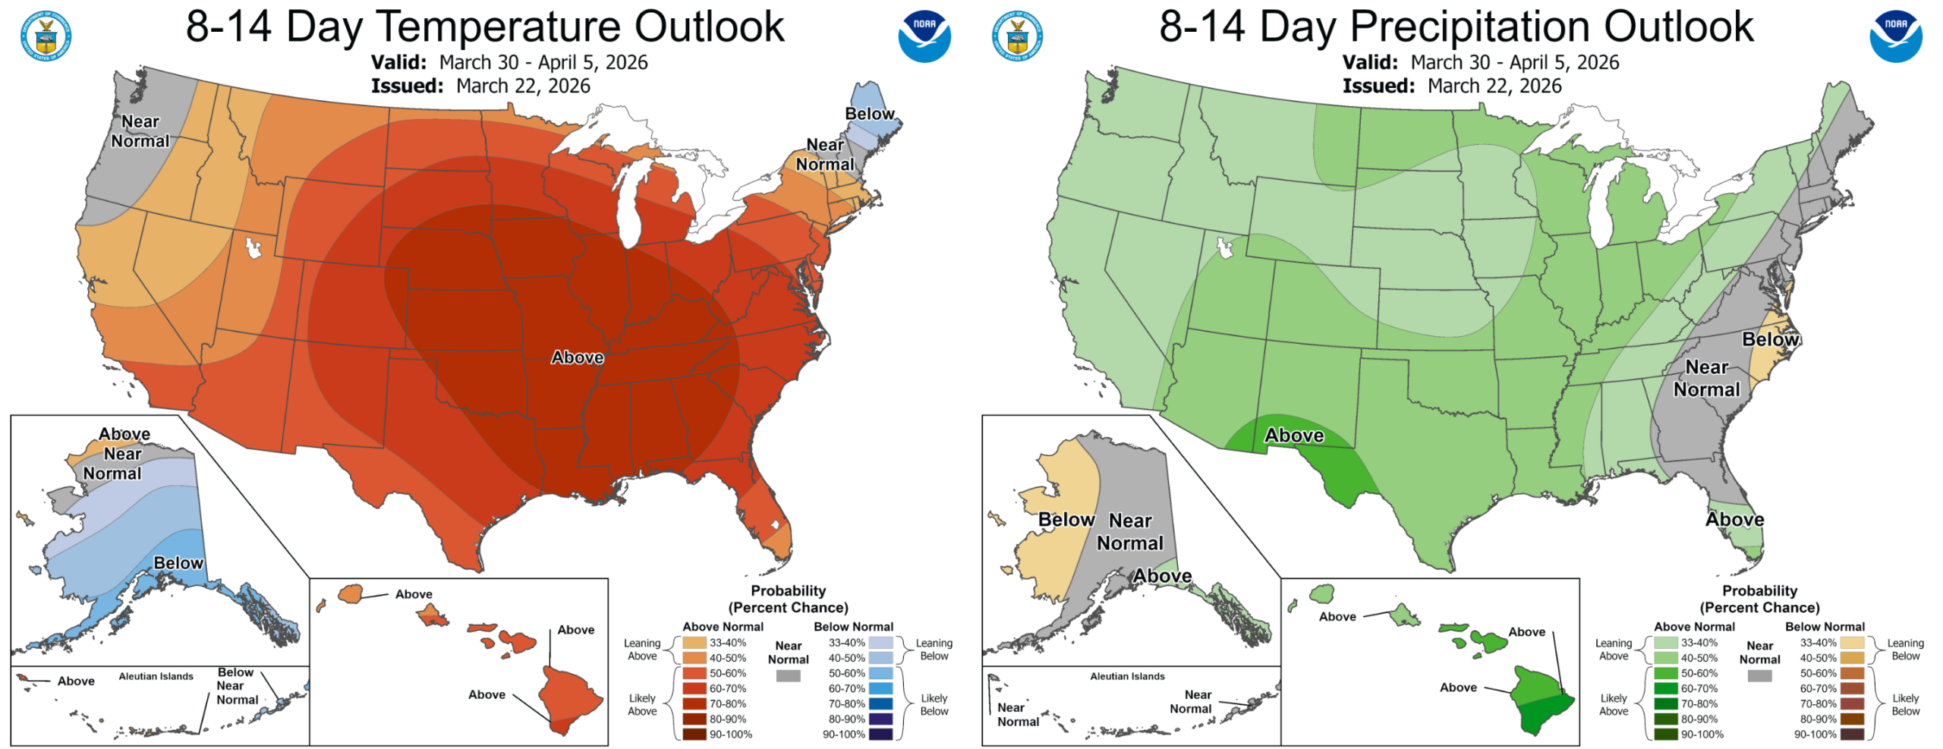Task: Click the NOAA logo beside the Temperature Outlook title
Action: pyautogui.click(x=924, y=36)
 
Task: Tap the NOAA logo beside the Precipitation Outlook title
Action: pyautogui.click(x=1895, y=36)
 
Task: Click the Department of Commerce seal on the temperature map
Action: pyautogui.click(x=46, y=36)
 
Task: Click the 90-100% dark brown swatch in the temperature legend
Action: pyautogui.click(x=694, y=734)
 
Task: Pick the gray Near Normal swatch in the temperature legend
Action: pyautogui.click(x=788, y=675)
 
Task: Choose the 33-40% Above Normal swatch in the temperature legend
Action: pyautogui.click(x=694, y=643)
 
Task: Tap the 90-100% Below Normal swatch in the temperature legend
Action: pyautogui.click(x=880, y=734)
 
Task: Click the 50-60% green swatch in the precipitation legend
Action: pyautogui.click(x=1666, y=673)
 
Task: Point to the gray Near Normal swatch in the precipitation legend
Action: pyautogui.click(x=1759, y=675)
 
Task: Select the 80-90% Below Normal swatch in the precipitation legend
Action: pyautogui.click(x=1852, y=719)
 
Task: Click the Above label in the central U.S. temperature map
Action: pyautogui.click(x=578, y=357)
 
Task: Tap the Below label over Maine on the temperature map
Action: pyautogui.click(x=870, y=114)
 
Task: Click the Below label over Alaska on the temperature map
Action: pyautogui.click(x=178, y=563)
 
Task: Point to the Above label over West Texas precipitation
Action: pyautogui.click(x=1294, y=436)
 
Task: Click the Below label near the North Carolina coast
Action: pyautogui.click(x=1770, y=339)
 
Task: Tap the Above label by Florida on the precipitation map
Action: pyautogui.click(x=1735, y=520)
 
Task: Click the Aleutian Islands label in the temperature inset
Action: pyautogui.click(x=156, y=676)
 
